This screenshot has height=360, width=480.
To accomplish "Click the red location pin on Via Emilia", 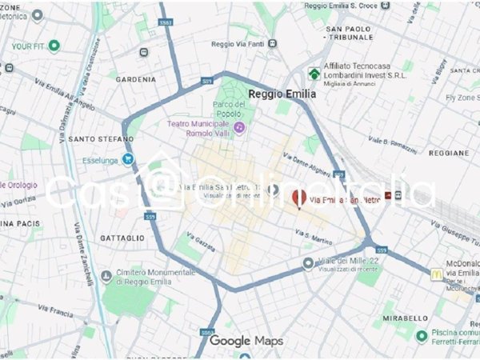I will (299, 198).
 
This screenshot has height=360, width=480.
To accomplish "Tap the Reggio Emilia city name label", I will (282, 94).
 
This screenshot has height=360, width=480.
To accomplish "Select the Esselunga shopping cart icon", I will (128, 159).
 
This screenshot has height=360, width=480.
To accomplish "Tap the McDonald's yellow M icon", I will (437, 274).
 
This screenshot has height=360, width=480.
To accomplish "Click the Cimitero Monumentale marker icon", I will (107, 277).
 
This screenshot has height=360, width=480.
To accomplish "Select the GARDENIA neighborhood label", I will (135, 79).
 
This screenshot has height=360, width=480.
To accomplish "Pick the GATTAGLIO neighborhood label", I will (122, 238).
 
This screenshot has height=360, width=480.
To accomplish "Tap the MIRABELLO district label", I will (407, 318).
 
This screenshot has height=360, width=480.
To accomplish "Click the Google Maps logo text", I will (246, 342).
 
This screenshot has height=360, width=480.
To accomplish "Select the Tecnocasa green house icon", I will (314, 74).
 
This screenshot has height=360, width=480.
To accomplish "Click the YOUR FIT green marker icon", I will (54, 46).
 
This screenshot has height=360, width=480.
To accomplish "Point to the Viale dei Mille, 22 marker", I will (308, 263).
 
